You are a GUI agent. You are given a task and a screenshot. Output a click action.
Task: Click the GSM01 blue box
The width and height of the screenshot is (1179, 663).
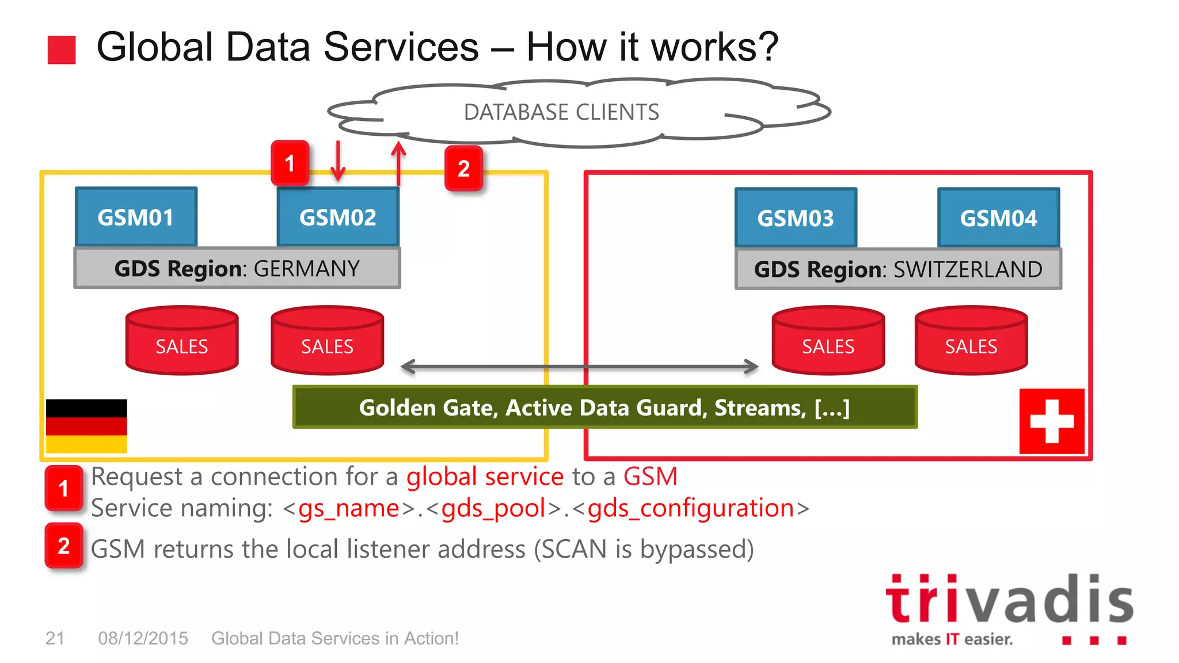tap(136, 218)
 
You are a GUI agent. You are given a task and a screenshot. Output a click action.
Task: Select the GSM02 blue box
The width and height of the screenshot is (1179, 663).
tap(338, 218)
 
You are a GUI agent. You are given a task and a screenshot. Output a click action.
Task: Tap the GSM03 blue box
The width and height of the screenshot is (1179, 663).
tap(796, 218)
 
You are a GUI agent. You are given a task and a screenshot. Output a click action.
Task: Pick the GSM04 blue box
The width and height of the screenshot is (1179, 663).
tap(998, 218)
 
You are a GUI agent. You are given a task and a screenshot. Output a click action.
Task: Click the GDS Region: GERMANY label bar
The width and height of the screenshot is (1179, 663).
tap(237, 268)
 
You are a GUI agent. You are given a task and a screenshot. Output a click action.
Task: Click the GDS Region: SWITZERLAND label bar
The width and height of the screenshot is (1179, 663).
tap(898, 269)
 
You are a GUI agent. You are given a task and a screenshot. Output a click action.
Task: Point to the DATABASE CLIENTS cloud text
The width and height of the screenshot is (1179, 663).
tap(561, 112)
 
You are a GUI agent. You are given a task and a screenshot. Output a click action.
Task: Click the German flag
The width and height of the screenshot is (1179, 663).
tap(86, 426)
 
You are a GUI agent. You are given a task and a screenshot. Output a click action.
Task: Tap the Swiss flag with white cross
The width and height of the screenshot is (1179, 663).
tap(1052, 421)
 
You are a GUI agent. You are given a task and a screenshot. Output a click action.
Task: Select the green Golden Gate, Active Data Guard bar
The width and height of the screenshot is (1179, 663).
tap(604, 407)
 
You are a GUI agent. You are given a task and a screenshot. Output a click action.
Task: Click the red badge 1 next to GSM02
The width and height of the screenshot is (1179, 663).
tap(290, 163)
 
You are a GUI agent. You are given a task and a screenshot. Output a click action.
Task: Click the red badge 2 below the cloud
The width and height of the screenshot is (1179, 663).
tap(463, 169)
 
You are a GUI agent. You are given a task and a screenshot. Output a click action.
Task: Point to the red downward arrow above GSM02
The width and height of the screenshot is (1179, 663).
tap(338, 161)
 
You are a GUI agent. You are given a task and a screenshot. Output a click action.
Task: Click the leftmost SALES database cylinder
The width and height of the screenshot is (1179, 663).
tap(182, 341)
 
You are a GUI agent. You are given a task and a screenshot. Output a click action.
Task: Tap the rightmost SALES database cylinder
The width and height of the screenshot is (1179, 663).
tap(971, 341)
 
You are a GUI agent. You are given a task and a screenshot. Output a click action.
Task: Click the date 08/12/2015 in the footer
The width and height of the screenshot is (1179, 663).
tap(143, 638)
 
